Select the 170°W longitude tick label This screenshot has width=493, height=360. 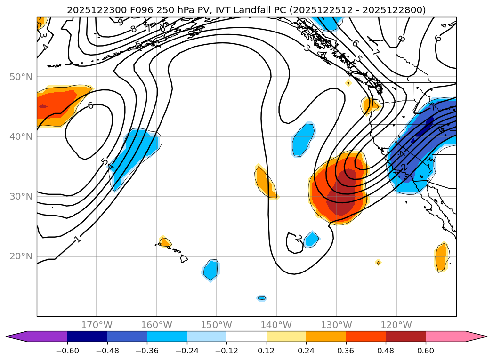coord(97,325)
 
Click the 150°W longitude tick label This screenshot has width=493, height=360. coord(217,325)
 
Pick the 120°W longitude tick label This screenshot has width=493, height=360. coord(396,325)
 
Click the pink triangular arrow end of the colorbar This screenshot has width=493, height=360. coord(476,336)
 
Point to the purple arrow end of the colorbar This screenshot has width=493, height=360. coord(16,336)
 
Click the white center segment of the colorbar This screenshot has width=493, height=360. coord(246,336)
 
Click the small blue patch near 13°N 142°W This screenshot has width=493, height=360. coord(262,298)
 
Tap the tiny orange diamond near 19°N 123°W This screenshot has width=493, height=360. coord(378,263)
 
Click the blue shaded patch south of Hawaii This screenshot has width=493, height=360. coord(211,270)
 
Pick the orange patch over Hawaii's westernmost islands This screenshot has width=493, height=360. coord(164,242)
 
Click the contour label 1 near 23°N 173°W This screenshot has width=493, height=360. coord(78,240)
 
